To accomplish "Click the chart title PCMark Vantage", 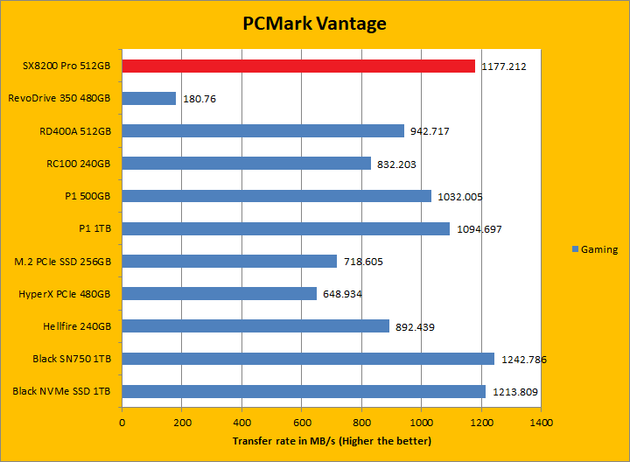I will click(x=314, y=24).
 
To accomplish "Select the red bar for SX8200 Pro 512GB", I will click(x=298, y=66).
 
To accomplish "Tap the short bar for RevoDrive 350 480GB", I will click(x=149, y=99).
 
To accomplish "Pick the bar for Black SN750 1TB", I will click(x=308, y=359).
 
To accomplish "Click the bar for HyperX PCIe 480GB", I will click(x=219, y=294).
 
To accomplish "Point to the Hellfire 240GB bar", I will click(x=255, y=326).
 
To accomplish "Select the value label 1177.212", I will click(x=505, y=66).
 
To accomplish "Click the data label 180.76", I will click(x=200, y=99).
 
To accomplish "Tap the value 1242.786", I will click(x=524, y=359).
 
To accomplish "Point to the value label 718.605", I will click(x=363, y=262).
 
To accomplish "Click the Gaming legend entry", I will click(x=594, y=249).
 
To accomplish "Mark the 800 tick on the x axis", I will click(x=361, y=422).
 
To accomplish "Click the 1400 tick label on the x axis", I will click(x=541, y=422).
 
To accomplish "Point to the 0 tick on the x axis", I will click(x=122, y=422).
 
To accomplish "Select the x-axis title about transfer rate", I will click(x=332, y=441).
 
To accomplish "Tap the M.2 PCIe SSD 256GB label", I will click(x=66, y=262).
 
